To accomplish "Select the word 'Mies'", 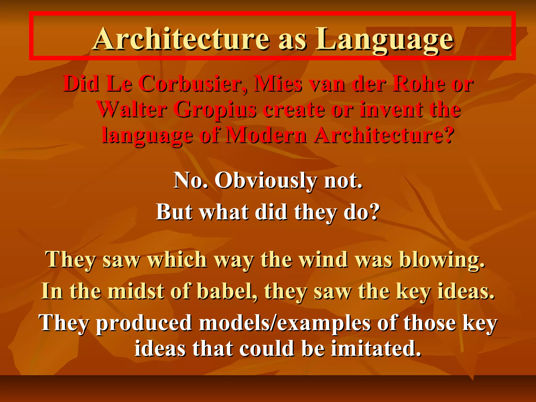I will pos(278,84).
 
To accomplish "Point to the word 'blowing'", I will pos(442,260).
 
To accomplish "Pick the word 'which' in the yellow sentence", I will pos(177,260).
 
